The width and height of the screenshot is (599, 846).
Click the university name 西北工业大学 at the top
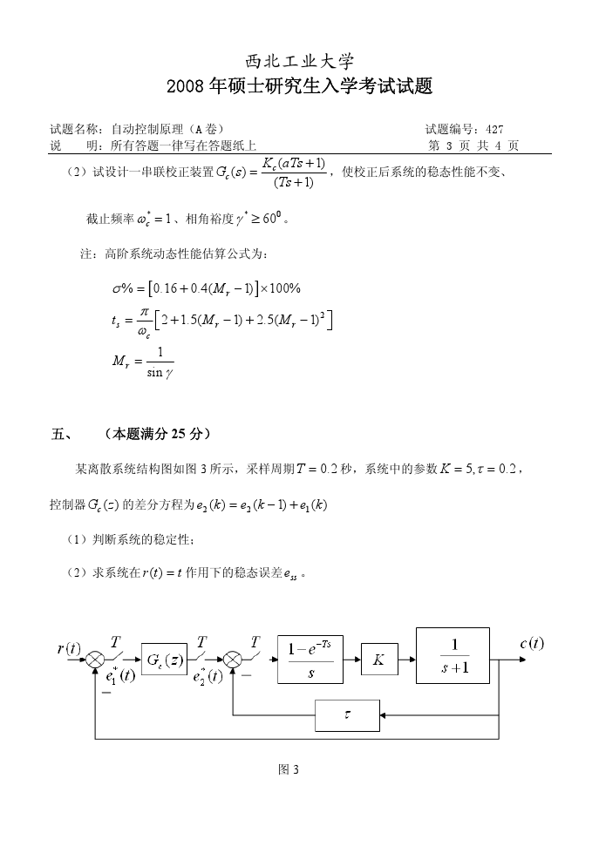coord(299,61)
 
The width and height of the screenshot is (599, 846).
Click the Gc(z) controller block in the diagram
coord(163,660)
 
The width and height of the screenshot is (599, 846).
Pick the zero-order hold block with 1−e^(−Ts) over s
coord(310,660)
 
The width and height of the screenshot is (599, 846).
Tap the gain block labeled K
coord(378,660)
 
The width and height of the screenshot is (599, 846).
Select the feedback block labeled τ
coord(347,715)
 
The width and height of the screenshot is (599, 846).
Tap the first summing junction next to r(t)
coord(95,660)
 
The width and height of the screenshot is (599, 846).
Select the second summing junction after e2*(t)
coord(233,660)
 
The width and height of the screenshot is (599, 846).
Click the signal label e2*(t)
coord(206,677)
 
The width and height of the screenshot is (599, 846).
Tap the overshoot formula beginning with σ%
coord(201,288)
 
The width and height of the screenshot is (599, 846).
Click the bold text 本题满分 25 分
coord(156,433)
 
